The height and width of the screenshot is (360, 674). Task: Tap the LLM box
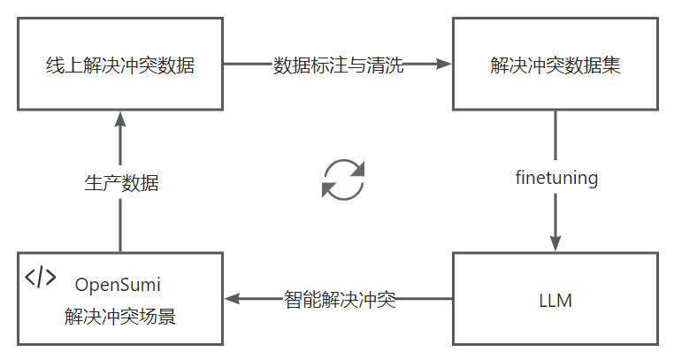coord(555,299)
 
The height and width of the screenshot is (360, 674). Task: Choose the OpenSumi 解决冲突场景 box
coord(119,299)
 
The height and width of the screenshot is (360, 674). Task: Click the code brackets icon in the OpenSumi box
coord(40,278)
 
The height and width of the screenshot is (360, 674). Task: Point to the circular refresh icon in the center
coord(342,179)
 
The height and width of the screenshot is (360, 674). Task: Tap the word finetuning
coord(556,178)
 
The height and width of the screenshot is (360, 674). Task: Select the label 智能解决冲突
coord(339,299)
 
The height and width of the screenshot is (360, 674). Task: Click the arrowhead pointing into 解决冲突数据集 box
coord(444,64)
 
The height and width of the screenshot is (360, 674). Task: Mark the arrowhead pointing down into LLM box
coord(556,242)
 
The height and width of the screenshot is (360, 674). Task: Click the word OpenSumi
coord(119,285)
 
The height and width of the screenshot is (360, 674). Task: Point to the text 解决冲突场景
coord(119,316)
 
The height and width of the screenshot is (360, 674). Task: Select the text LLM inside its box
coord(555,301)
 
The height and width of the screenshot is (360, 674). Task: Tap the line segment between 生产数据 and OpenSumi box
coord(119,226)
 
